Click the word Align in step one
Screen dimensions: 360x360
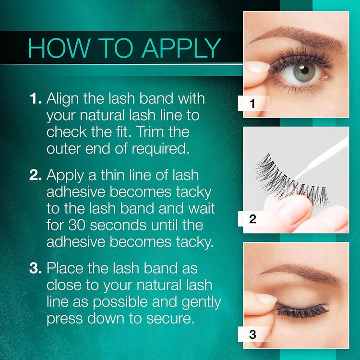point(63,100)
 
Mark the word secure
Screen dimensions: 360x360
point(170,318)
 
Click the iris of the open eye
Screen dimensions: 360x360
point(305,72)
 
